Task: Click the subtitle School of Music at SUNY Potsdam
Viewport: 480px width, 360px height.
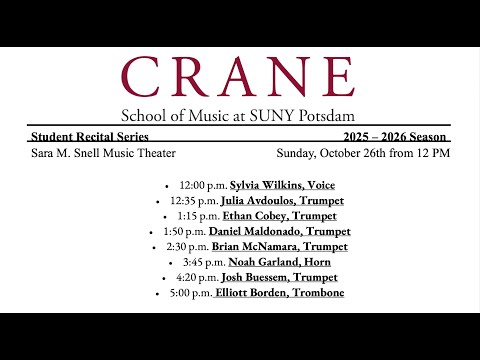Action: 238,115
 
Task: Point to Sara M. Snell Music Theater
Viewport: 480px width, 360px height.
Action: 104,153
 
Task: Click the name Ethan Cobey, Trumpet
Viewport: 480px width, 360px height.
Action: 283,215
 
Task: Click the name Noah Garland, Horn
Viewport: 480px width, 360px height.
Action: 284,261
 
